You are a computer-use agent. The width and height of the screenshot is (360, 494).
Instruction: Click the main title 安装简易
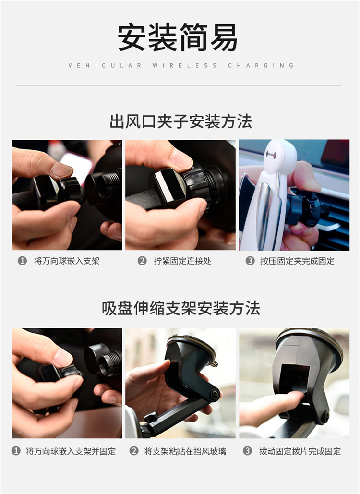[x=177, y=37]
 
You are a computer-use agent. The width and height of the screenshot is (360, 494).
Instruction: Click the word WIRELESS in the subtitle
[x=185, y=65]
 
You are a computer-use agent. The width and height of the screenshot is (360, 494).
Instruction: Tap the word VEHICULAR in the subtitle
[x=105, y=65]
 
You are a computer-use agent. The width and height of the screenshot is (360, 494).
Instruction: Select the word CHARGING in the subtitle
[x=261, y=65]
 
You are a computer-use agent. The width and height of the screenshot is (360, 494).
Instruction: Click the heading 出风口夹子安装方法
[x=180, y=121]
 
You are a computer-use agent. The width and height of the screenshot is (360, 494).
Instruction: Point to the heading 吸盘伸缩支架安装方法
[x=180, y=308]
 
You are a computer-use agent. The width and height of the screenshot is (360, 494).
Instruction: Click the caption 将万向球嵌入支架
[x=67, y=261]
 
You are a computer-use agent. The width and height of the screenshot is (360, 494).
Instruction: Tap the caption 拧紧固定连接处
[x=182, y=261]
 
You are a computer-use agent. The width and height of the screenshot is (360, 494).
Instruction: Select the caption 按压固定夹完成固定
[x=297, y=261]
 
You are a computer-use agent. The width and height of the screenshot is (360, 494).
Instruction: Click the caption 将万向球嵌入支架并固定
[x=71, y=451]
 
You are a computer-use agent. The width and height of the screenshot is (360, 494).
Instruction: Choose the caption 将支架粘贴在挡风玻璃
[x=185, y=451]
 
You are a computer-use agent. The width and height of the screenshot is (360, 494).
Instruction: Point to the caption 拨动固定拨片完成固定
[x=300, y=451]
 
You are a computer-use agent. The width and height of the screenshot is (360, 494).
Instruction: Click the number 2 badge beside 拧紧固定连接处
[x=142, y=261]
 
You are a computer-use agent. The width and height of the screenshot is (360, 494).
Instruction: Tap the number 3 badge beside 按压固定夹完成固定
[x=250, y=261]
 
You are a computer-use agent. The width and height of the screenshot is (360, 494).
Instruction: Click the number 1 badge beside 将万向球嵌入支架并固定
[x=16, y=451]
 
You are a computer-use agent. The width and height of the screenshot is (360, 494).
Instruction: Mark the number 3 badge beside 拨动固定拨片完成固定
[x=247, y=451]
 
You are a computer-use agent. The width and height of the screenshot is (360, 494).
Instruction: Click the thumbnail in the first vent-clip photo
[x=61, y=170]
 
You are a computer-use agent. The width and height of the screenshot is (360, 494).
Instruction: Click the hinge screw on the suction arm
[x=215, y=394]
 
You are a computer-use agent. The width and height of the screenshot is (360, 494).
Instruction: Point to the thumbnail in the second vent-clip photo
[x=181, y=159]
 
